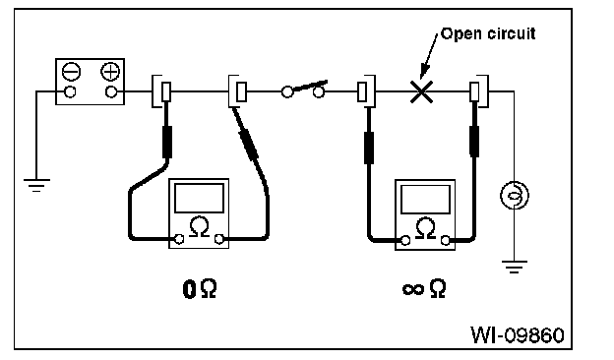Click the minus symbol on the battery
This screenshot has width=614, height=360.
[x=71, y=72]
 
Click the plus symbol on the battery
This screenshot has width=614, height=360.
[x=110, y=72]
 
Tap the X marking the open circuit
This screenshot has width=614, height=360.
[x=421, y=91]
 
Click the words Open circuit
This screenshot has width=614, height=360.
[x=488, y=33]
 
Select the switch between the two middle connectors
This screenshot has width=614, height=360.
[x=304, y=90]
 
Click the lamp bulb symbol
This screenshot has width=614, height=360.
[x=515, y=195]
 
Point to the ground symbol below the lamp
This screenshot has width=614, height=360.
[x=515, y=267]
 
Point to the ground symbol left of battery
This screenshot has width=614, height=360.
[x=36, y=186]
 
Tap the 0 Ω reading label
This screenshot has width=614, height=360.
[x=200, y=289]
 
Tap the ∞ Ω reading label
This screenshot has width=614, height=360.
[x=424, y=289]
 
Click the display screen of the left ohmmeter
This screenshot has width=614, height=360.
[x=200, y=198]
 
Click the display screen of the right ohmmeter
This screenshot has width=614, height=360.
[x=426, y=199]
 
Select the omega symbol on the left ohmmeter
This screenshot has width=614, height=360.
[x=200, y=226]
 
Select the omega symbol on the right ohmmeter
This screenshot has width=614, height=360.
[x=426, y=228]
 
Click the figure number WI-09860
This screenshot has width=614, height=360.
[x=518, y=335]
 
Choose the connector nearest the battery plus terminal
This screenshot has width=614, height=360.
[x=161, y=91]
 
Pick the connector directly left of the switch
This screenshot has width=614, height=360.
[x=238, y=91]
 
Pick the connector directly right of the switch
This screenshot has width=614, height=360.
[x=366, y=91]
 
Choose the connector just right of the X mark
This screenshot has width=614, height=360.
[x=479, y=91]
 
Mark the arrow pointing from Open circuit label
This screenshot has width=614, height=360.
[x=430, y=56]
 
